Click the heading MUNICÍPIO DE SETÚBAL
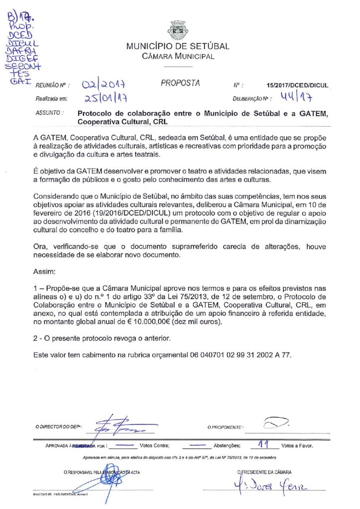(x=178, y=47)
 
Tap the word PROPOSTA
(x=180, y=83)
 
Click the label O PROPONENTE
(x=225, y=427)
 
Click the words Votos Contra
(x=155, y=446)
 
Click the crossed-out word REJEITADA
(x=83, y=446)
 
